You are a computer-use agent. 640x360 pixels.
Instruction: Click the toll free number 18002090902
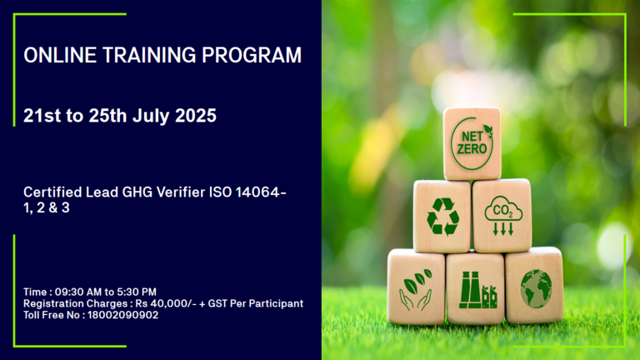coord(122,315)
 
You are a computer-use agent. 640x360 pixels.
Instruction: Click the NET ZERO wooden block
coord(472,143)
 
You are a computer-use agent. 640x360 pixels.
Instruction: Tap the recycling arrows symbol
coord(442,217)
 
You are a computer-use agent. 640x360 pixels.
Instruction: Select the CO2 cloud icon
coord(503,216)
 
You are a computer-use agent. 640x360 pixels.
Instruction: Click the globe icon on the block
coord(536,289)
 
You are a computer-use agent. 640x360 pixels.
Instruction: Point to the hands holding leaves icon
coord(415,290)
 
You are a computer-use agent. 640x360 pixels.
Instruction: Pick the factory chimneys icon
coord(477,290)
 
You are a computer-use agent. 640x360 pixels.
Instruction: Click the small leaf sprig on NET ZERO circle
coord(488,131)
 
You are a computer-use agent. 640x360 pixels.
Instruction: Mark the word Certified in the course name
coord(52,192)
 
